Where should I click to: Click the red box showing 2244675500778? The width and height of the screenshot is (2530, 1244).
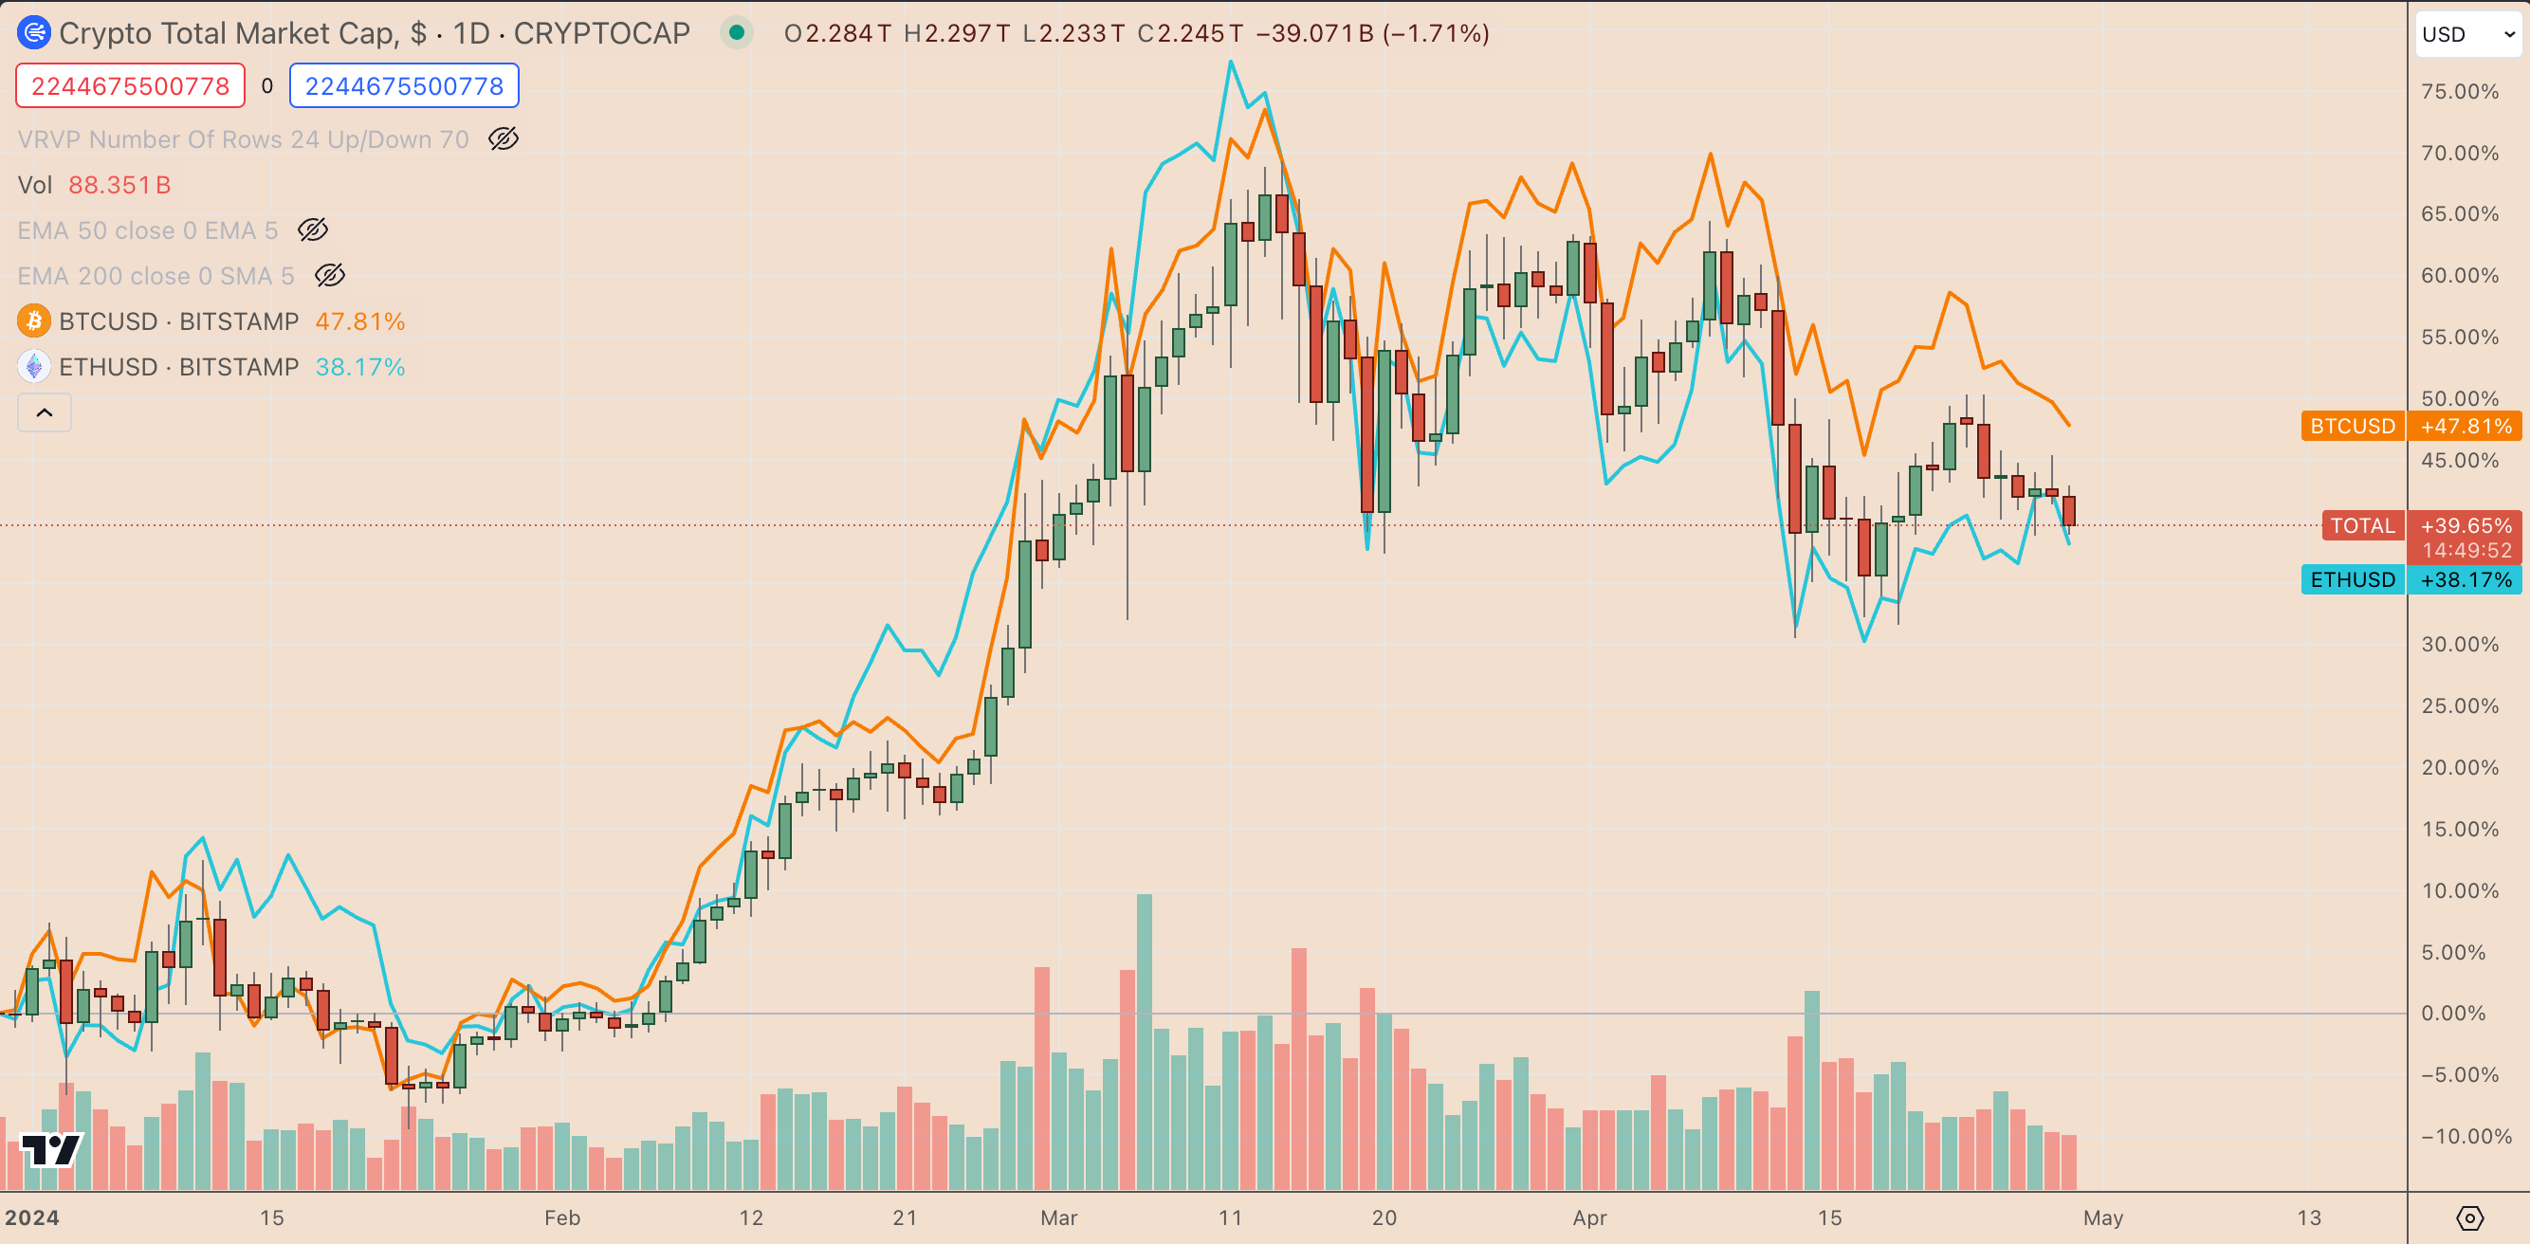click(130, 86)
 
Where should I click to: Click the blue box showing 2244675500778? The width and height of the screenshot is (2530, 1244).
click(404, 86)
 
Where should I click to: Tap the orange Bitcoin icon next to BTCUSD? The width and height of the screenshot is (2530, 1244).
click(34, 321)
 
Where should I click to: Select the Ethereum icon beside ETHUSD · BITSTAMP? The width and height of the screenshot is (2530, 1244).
click(34, 367)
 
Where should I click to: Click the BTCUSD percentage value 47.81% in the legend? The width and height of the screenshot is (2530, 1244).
click(359, 321)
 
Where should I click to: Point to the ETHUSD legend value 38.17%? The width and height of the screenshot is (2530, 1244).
click(359, 367)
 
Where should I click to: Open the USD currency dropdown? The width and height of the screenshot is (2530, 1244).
click(2466, 34)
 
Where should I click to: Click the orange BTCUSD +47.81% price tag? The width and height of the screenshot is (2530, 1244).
click(2411, 426)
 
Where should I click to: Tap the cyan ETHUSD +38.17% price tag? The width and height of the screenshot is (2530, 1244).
click(2411, 579)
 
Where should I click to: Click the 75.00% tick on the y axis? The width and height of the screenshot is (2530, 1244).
click(2459, 91)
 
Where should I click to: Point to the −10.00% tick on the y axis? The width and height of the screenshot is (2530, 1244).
click(2459, 1136)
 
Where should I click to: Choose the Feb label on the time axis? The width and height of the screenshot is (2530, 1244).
click(561, 1217)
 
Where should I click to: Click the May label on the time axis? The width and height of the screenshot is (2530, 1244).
click(2102, 1217)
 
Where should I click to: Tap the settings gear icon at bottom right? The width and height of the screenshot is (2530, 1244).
click(2469, 1218)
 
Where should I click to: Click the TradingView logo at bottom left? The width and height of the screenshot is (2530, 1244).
click(51, 1149)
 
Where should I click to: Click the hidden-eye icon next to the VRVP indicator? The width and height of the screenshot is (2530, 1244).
click(504, 139)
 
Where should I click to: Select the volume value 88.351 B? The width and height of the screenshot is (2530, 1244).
click(119, 185)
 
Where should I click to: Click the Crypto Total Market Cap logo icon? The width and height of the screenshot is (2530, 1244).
click(34, 33)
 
